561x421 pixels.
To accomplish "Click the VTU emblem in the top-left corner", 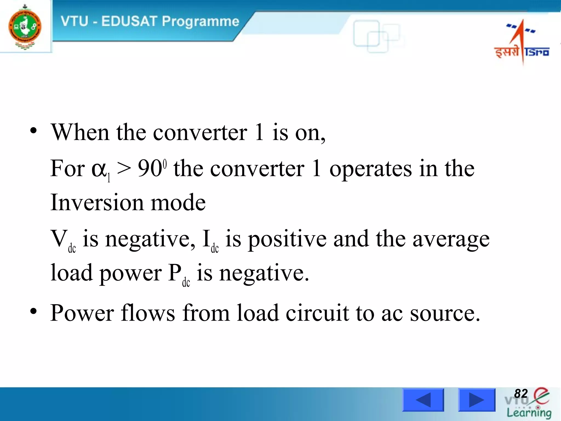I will click(25, 27).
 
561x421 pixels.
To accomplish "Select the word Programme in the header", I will click(200, 22).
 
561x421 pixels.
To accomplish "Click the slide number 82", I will click(521, 394).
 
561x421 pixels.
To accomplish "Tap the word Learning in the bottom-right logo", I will click(529, 413).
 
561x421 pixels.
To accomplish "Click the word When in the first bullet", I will click(81, 133).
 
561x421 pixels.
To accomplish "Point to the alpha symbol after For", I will click(99, 169).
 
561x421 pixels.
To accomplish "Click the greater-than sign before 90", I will click(124, 168).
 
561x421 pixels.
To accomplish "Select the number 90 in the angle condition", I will click(150, 168).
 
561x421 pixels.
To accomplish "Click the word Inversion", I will click(97, 203).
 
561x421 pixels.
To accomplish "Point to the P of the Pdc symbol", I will click(174, 273).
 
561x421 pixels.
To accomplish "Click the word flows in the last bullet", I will click(148, 313).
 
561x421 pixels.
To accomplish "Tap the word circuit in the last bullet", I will click(317, 313).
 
